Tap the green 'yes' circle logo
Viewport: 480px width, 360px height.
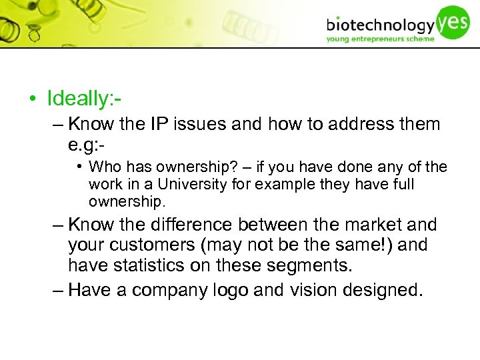tap(454, 21)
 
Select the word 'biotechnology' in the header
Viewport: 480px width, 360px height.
tap(380, 25)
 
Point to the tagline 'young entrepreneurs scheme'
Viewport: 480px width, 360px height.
tap(380, 39)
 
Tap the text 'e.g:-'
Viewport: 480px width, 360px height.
tap(87, 145)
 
